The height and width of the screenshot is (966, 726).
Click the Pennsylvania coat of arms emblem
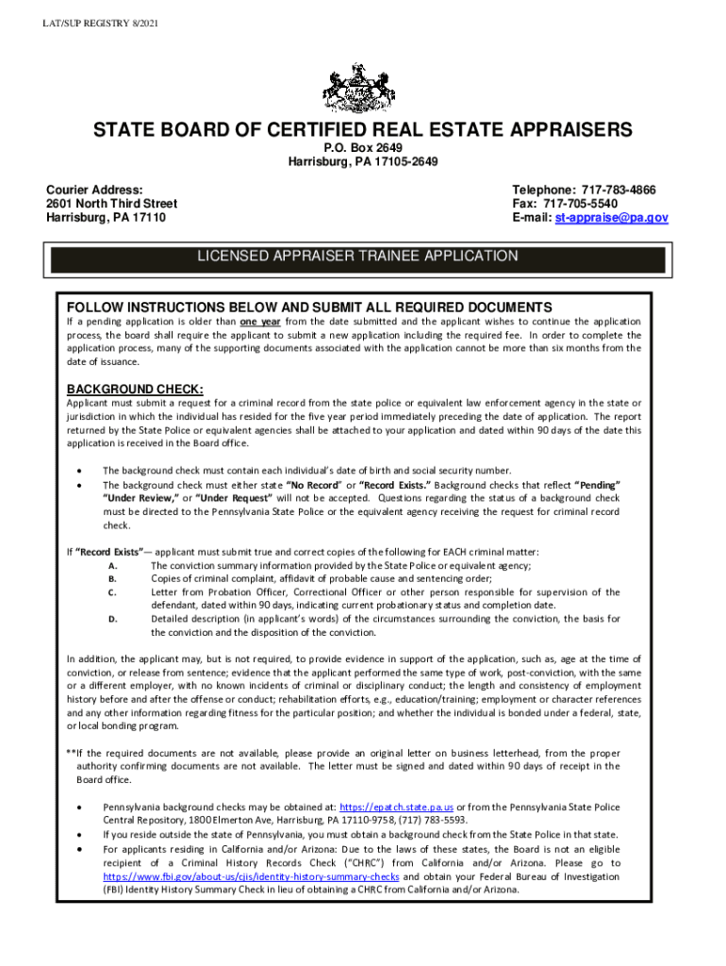[x=363, y=88]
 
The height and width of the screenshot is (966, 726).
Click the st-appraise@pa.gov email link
[x=611, y=218]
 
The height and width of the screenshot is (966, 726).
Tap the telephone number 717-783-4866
[x=630, y=190]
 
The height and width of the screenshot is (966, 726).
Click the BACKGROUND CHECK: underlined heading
[x=134, y=390]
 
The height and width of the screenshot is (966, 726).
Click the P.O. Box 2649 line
[x=363, y=148]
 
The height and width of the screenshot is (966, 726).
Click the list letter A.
[x=112, y=565]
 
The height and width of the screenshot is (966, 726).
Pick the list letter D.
[x=112, y=619]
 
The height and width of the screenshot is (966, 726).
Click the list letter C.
[x=112, y=592]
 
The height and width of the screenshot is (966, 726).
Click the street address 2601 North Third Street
[x=111, y=204]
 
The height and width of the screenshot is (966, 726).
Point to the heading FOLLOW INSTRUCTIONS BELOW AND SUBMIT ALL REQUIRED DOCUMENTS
[x=308, y=308]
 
